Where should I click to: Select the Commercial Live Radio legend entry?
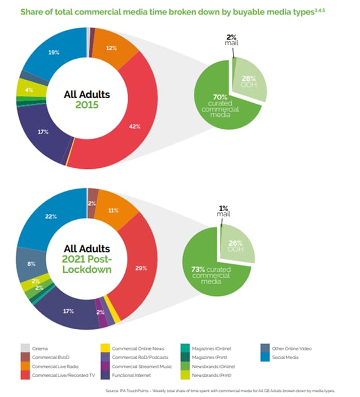pyautogui.click(x=53, y=367)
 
